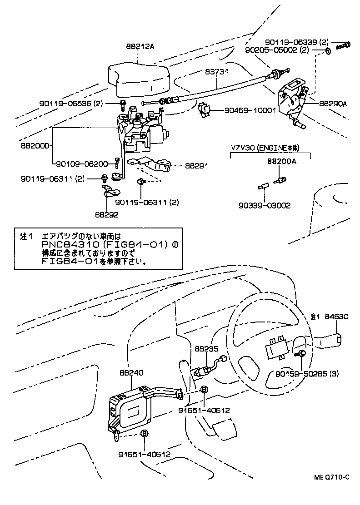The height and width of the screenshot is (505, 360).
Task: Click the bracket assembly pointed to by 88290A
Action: click(291, 98)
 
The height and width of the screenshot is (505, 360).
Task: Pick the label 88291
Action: click(197, 166)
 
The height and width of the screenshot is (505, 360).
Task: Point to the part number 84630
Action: click(336, 317)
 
